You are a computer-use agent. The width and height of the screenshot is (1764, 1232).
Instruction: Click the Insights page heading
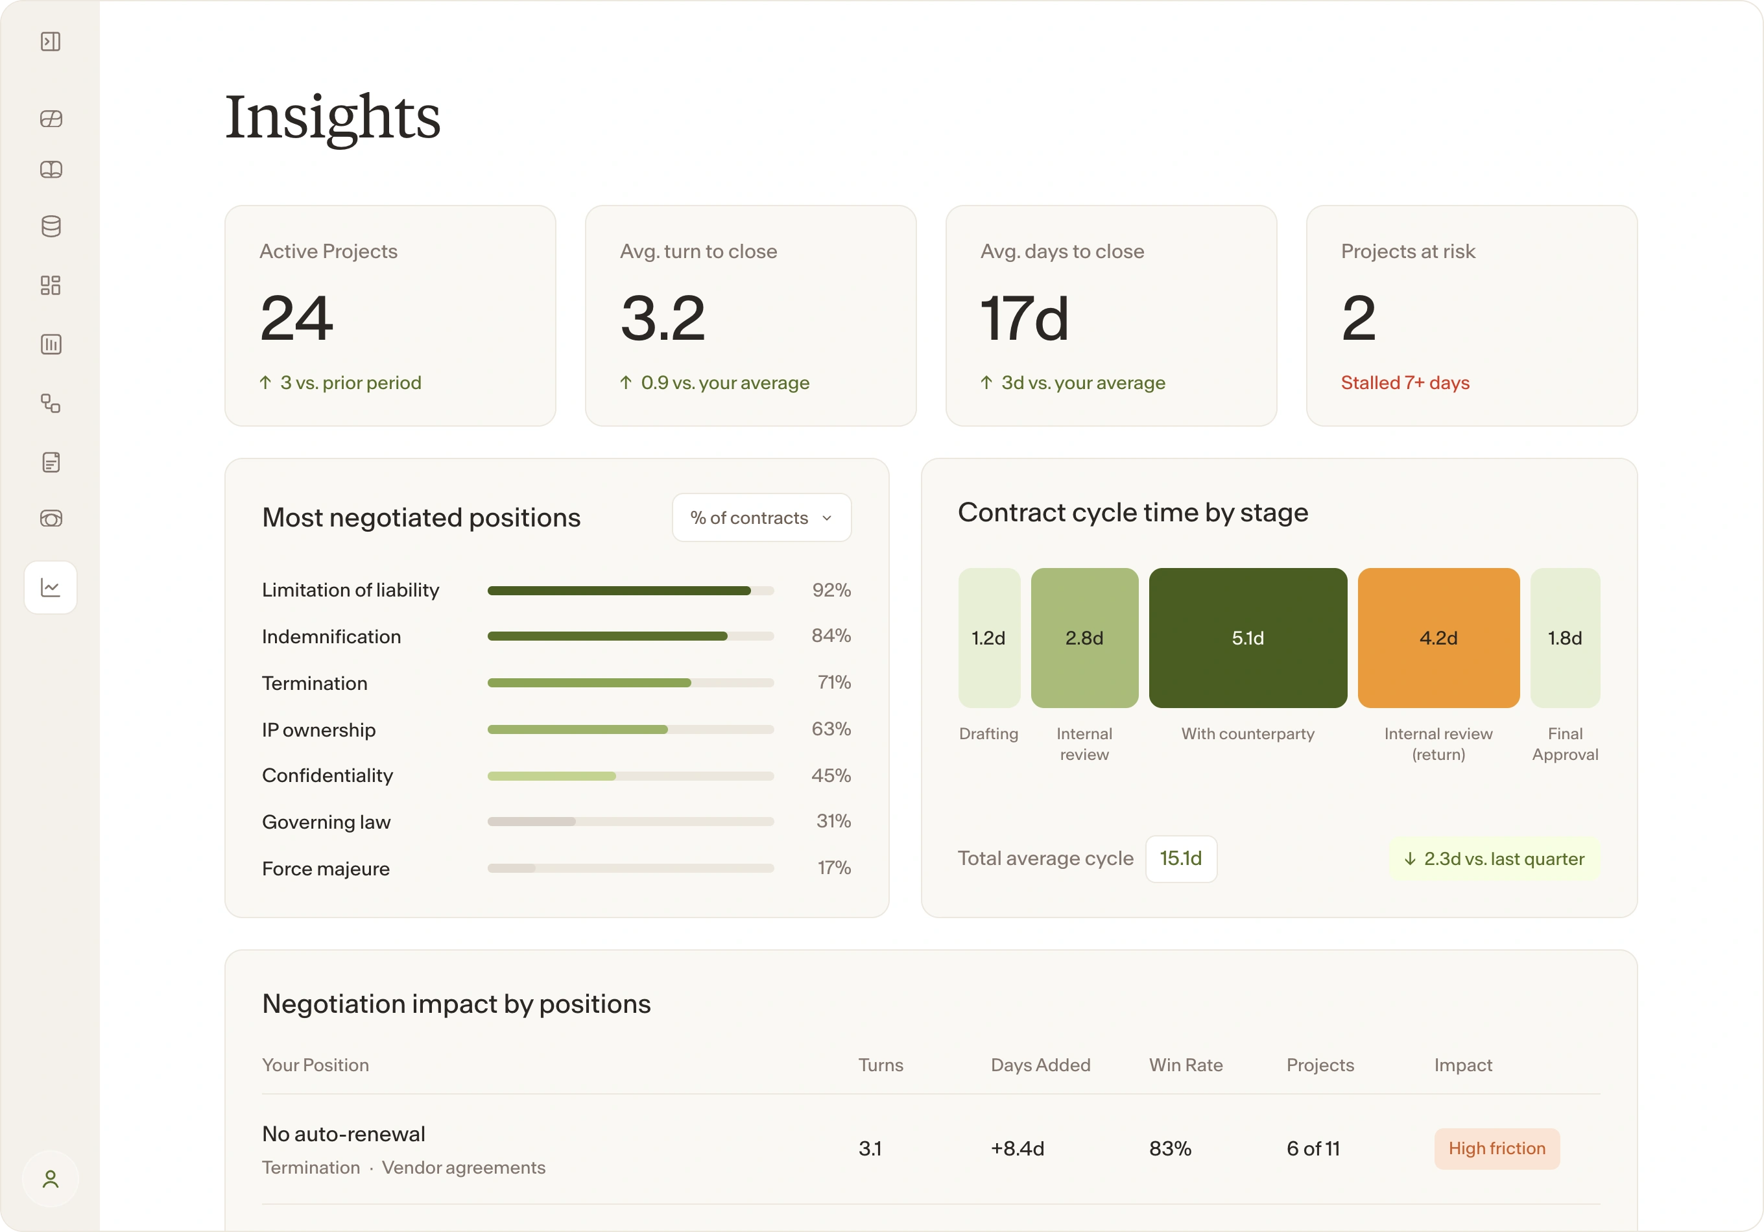pyautogui.click(x=333, y=117)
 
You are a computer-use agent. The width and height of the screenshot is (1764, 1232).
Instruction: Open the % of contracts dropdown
pyautogui.click(x=761, y=517)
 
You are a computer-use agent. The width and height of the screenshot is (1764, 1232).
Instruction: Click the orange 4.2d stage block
pyautogui.click(x=1438, y=637)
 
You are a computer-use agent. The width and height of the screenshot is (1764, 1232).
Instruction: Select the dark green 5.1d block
pyautogui.click(x=1248, y=637)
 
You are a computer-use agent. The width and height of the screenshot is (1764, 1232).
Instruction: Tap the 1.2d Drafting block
pyautogui.click(x=989, y=637)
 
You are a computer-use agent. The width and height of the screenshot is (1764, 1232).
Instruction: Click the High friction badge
pyautogui.click(x=1497, y=1148)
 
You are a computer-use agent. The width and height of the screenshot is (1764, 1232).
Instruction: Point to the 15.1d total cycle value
pyautogui.click(x=1181, y=858)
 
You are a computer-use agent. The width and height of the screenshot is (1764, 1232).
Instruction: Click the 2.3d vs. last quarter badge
pyautogui.click(x=1494, y=859)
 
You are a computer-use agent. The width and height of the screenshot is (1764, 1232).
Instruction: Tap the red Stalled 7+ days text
pyautogui.click(x=1405, y=383)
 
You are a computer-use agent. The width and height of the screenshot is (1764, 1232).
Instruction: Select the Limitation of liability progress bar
pyautogui.click(x=630, y=591)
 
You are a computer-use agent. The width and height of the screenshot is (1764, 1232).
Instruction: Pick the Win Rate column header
pyautogui.click(x=1186, y=1065)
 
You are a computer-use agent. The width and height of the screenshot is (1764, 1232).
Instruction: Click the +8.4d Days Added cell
pyautogui.click(x=1018, y=1148)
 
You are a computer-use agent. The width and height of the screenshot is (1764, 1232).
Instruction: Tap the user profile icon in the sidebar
pyautogui.click(x=51, y=1179)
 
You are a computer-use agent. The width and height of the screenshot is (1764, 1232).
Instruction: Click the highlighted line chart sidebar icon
pyautogui.click(x=51, y=587)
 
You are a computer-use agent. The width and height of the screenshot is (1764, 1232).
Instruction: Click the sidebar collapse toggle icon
pyautogui.click(x=51, y=41)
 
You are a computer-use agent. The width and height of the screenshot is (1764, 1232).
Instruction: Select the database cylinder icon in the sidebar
pyautogui.click(x=51, y=226)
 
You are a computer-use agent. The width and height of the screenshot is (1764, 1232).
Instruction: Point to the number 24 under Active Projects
pyautogui.click(x=296, y=318)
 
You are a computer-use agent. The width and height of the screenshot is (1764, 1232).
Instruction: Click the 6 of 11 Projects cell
pyautogui.click(x=1313, y=1148)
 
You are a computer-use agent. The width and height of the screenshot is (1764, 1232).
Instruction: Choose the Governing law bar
pyautogui.click(x=630, y=822)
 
